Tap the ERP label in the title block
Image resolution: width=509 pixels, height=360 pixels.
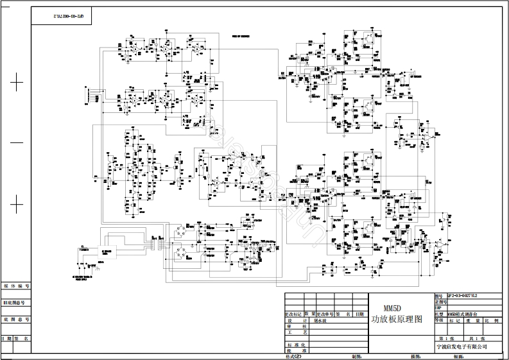click(x=440, y=307)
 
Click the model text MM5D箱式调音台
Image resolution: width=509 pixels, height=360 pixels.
click(x=463, y=313)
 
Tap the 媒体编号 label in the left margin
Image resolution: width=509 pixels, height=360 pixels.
click(x=16, y=286)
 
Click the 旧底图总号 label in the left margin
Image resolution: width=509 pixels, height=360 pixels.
click(x=16, y=302)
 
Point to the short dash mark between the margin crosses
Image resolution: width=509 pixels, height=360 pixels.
click(x=17, y=142)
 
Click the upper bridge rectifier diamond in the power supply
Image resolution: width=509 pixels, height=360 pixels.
click(x=178, y=228)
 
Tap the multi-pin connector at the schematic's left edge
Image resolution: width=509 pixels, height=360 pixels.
click(x=89, y=97)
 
